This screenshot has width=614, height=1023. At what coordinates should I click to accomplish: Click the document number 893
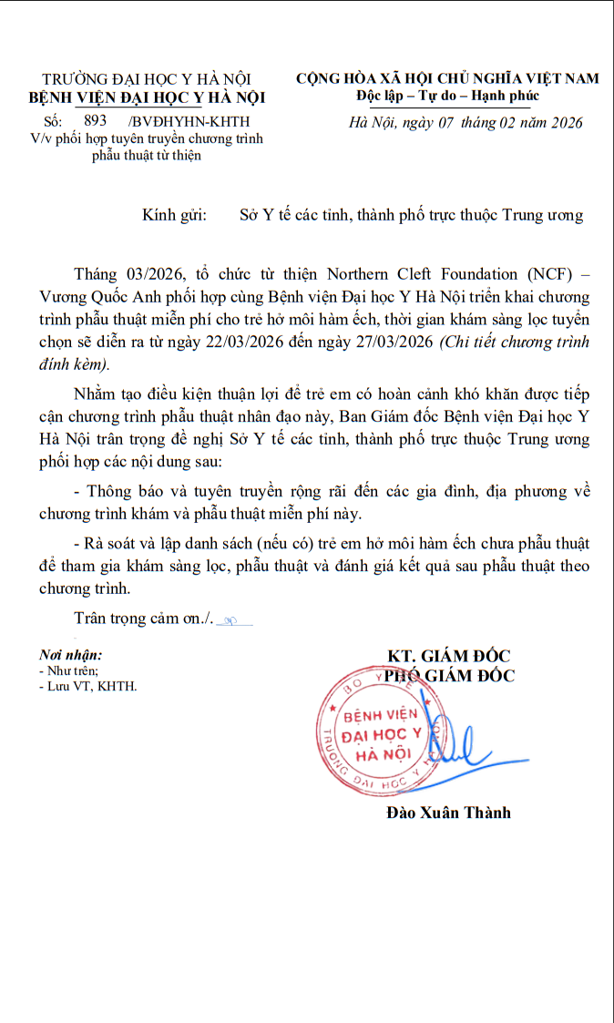click(95, 120)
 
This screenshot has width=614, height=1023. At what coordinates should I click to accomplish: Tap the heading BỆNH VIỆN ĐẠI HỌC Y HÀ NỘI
click(148, 97)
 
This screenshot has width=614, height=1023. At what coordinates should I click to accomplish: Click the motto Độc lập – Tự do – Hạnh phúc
click(447, 96)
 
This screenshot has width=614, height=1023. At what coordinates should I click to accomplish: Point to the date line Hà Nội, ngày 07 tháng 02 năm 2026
click(466, 122)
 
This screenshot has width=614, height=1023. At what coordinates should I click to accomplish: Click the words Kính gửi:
click(175, 215)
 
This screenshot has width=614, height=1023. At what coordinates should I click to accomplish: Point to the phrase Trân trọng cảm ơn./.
click(143, 619)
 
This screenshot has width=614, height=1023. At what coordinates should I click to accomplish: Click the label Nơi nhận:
click(70, 655)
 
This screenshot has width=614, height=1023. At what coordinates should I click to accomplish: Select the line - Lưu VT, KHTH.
click(87, 686)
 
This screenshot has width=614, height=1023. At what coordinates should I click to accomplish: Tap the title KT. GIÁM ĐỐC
click(448, 656)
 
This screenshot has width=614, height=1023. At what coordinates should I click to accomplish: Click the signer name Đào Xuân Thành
click(448, 812)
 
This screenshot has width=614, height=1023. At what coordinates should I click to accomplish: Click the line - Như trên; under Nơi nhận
click(68, 670)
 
